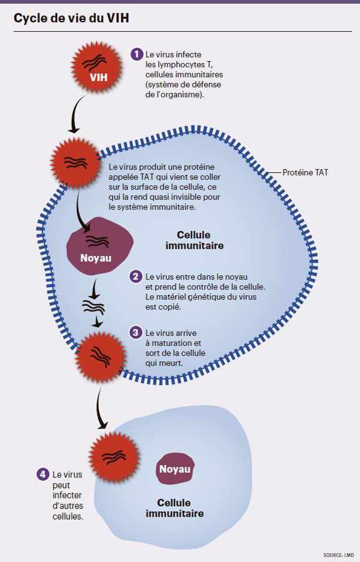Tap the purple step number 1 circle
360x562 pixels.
(136, 54)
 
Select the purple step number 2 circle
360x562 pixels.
(136, 276)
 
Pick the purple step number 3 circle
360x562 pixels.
(136, 333)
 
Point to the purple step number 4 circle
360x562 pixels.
(43, 474)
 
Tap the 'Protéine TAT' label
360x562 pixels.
(305, 172)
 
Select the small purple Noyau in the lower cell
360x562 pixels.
(175, 468)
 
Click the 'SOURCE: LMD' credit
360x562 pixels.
(338, 555)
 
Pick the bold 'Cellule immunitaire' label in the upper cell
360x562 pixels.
(194, 240)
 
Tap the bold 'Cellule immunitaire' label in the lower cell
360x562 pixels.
(174, 508)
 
